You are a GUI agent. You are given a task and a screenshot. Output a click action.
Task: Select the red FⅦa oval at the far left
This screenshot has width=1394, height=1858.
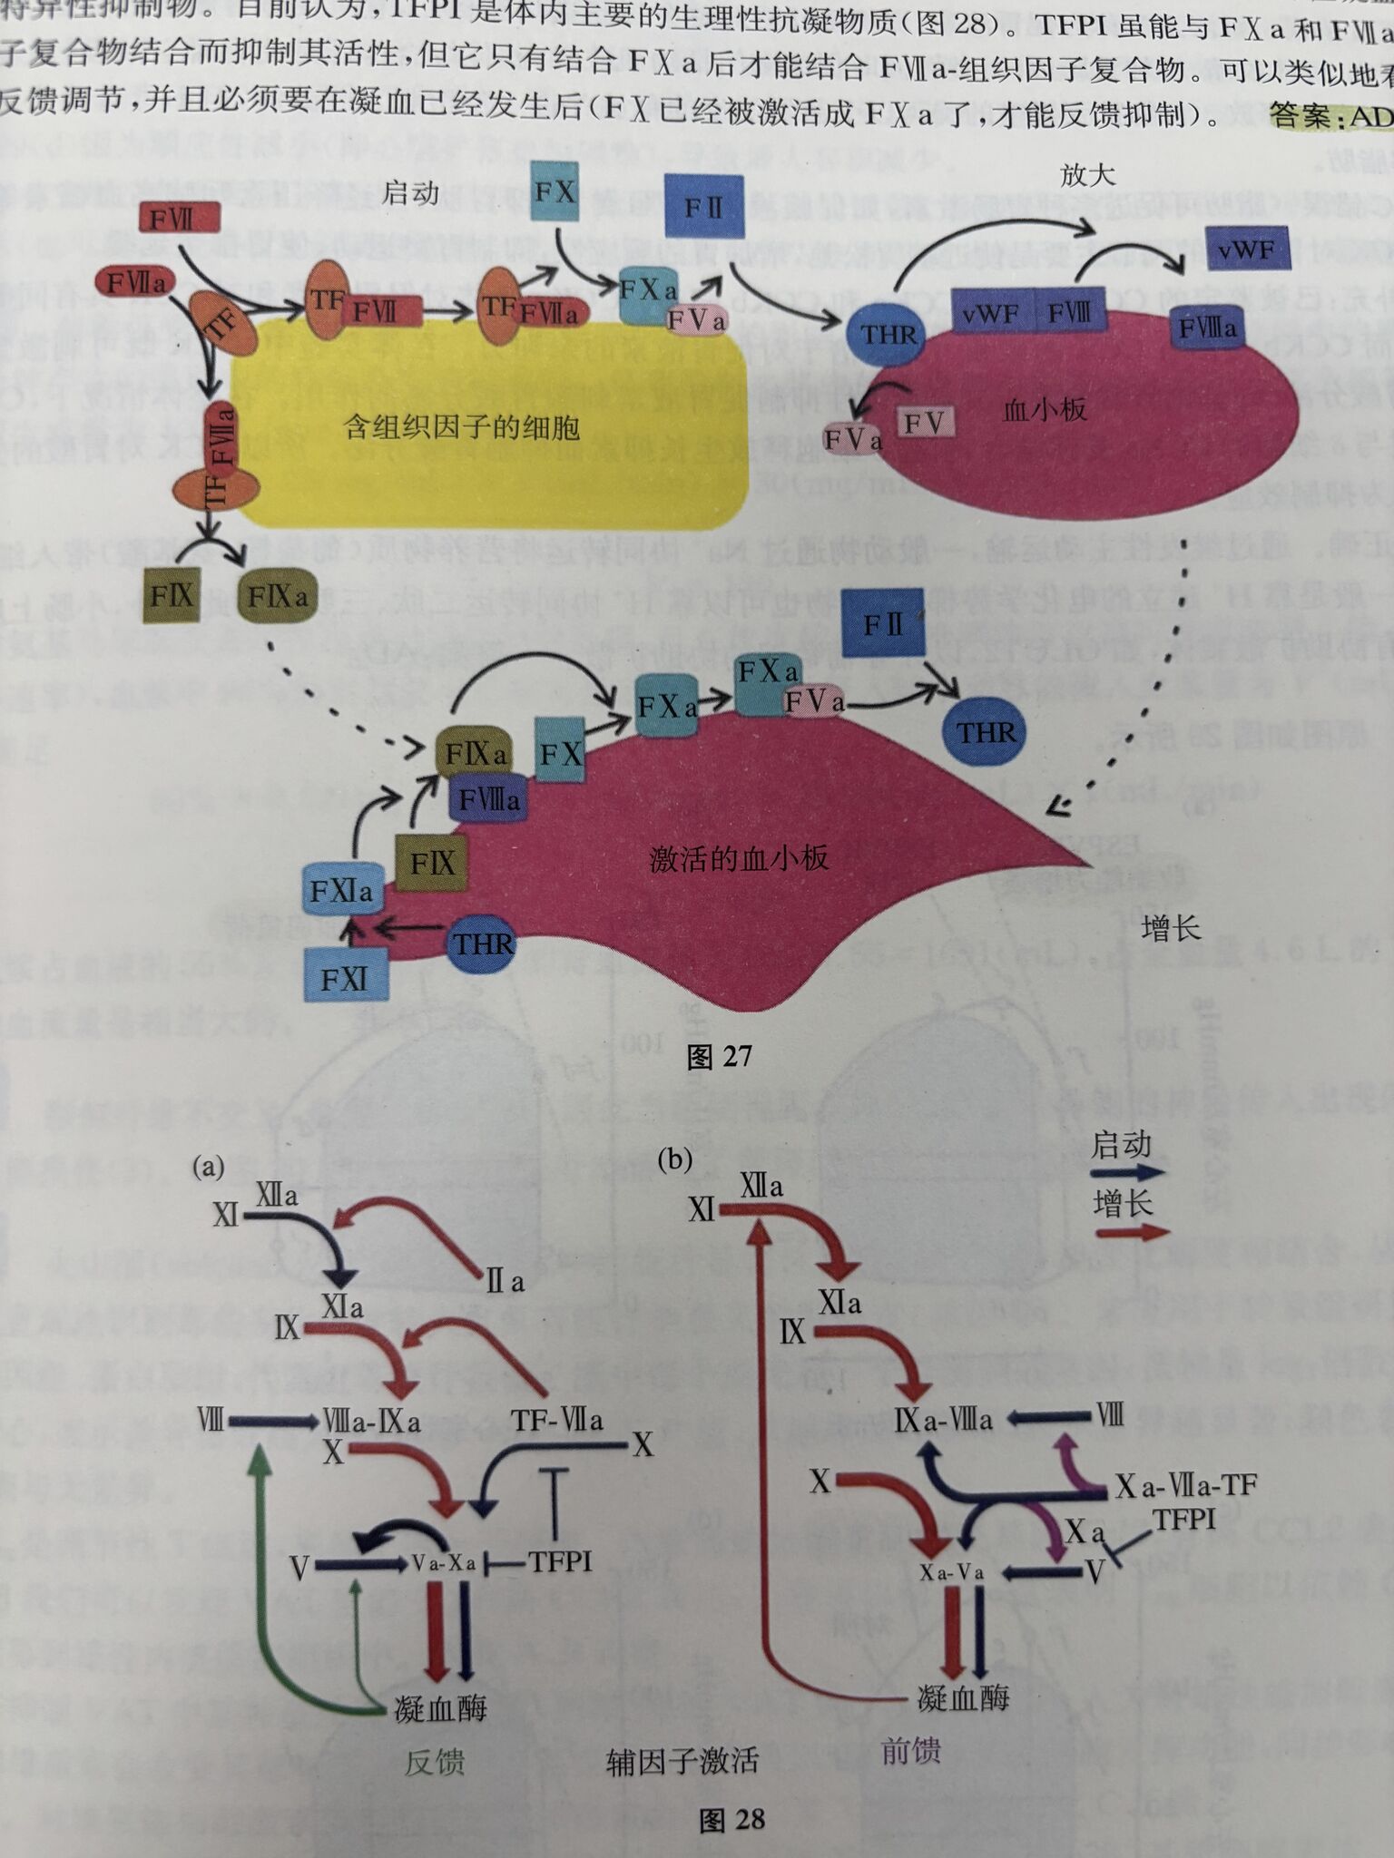pos(135,283)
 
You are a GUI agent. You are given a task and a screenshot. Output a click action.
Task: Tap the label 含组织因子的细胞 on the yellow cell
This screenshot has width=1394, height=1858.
pos(462,426)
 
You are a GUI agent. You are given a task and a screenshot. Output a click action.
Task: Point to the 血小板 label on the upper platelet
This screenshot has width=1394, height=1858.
pos(1044,410)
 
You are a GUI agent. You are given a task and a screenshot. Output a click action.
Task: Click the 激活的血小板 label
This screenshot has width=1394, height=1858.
pos(739,858)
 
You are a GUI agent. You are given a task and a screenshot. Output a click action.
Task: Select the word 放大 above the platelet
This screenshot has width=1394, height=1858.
pos(1087,175)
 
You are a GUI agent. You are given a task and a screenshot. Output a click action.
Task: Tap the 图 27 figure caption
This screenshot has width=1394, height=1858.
pos(719,1056)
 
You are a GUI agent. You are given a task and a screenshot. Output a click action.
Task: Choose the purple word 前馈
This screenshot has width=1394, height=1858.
pos(910,1751)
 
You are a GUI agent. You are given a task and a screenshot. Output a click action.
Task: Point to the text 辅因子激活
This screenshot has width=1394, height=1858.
pos(682,1762)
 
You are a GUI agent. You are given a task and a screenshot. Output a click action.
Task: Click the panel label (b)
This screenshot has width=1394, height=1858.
pos(674,1159)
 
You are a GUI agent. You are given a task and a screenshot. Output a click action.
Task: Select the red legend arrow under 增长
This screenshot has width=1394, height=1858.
pos(1131,1233)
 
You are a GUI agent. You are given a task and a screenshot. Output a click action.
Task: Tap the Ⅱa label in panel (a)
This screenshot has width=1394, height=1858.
pos(505,1282)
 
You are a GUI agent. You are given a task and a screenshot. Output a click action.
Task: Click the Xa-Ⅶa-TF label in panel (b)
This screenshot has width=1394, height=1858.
pos(1185,1486)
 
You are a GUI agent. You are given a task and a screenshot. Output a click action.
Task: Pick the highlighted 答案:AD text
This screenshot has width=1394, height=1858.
pos(1330,116)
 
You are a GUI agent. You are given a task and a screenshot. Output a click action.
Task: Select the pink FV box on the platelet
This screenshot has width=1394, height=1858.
pos(924,422)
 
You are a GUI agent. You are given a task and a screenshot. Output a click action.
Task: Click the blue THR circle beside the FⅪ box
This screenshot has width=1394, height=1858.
pos(482,944)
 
